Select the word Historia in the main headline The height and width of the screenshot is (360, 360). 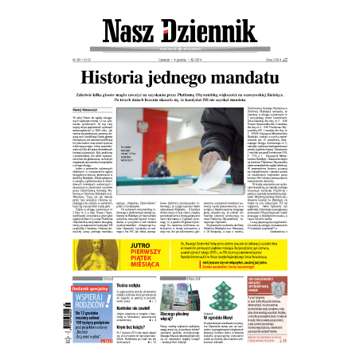pos(119,78)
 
